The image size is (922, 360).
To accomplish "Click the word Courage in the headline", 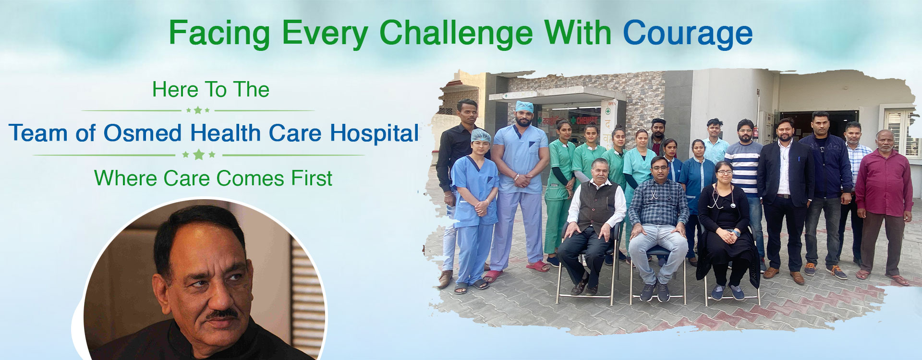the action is click(x=688, y=34).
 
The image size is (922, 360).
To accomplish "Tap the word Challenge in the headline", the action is click(x=456, y=34).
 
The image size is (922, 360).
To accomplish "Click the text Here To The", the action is click(x=211, y=90).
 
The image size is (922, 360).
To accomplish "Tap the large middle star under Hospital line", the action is click(x=199, y=155).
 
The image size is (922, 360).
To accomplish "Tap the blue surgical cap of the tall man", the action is click(x=524, y=107).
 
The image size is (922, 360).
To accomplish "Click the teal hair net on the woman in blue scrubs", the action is click(x=480, y=135).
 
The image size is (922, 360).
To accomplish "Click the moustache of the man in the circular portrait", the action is click(x=222, y=314).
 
